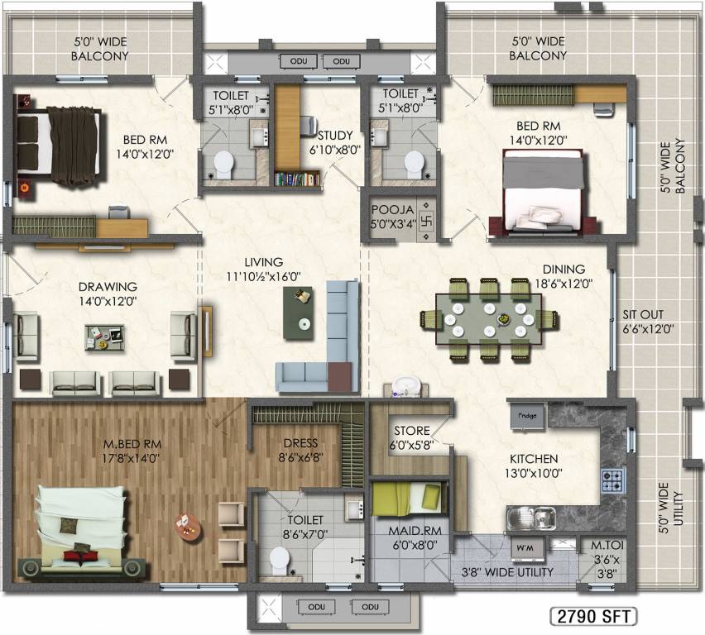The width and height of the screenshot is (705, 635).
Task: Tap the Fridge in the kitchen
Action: click(x=525, y=415)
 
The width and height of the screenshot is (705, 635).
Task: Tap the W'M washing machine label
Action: click(x=525, y=547)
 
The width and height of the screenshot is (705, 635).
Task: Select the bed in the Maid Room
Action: click(x=409, y=498)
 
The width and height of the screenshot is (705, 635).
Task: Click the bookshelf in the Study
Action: click(x=297, y=178)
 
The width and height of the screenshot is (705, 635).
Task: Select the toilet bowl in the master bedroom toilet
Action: click(x=279, y=563)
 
